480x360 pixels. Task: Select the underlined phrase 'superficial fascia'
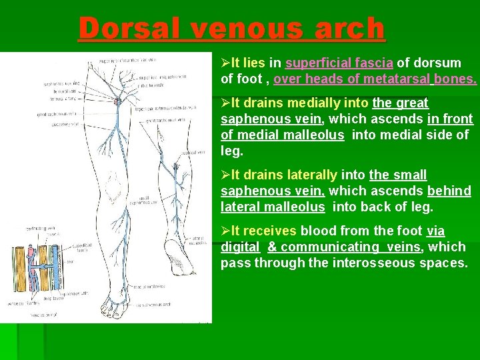point(339,63)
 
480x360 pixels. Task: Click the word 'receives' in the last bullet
point(273,231)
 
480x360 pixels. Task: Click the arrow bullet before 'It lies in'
point(225,63)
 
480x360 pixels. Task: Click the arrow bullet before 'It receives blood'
point(225,231)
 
